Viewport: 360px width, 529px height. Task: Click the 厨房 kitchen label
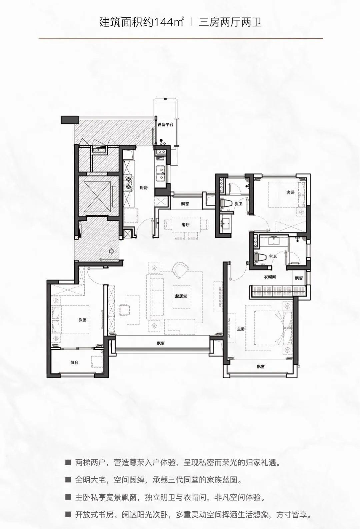(144, 188)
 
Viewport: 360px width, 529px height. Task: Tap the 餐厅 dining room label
(186, 225)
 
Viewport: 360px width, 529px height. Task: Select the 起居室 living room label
(181, 296)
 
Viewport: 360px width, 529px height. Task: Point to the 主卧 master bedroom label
(241, 329)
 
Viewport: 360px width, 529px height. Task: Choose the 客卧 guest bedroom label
(290, 192)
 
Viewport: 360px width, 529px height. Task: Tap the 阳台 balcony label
(74, 363)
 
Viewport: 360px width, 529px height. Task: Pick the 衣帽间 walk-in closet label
(270, 277)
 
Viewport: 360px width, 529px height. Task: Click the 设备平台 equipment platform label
(165, 125)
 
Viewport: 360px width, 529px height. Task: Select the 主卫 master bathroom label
(273, 256)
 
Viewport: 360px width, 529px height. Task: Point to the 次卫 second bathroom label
(238, 204)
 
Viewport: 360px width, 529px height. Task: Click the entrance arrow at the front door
(112, 251)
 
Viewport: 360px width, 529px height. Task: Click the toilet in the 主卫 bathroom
(260, 256)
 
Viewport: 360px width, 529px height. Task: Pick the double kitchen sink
(161, 173)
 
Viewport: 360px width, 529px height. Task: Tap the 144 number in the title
(164, 23)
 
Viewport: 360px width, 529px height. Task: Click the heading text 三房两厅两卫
(230, 23)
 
